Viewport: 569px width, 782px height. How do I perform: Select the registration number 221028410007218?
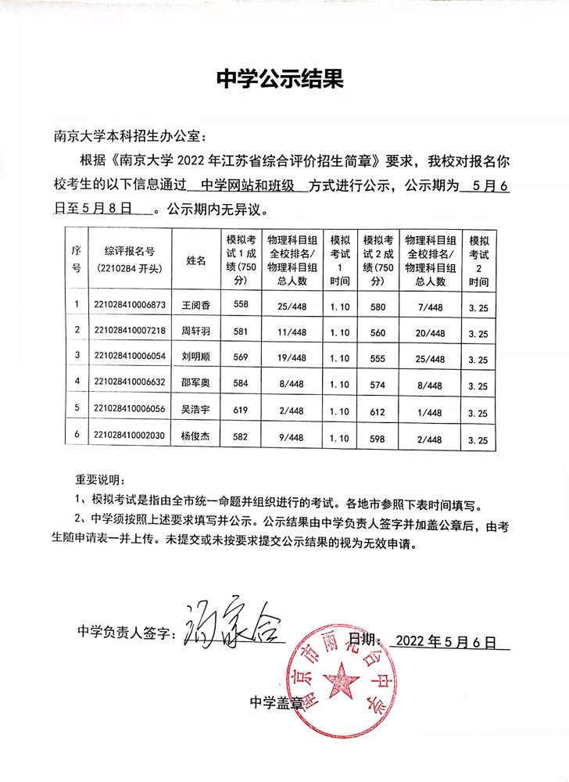(129, 331)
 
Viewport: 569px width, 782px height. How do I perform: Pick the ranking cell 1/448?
(431, 411)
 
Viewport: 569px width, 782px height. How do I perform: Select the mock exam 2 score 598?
(378, 438)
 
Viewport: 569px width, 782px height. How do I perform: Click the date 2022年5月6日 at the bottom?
(446, 641)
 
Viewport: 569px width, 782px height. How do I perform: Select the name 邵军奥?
(195, 382)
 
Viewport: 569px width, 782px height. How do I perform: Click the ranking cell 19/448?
(288, 357)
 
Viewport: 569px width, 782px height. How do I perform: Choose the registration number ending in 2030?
(129, 436)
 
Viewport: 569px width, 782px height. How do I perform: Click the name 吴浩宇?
(195, 408)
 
